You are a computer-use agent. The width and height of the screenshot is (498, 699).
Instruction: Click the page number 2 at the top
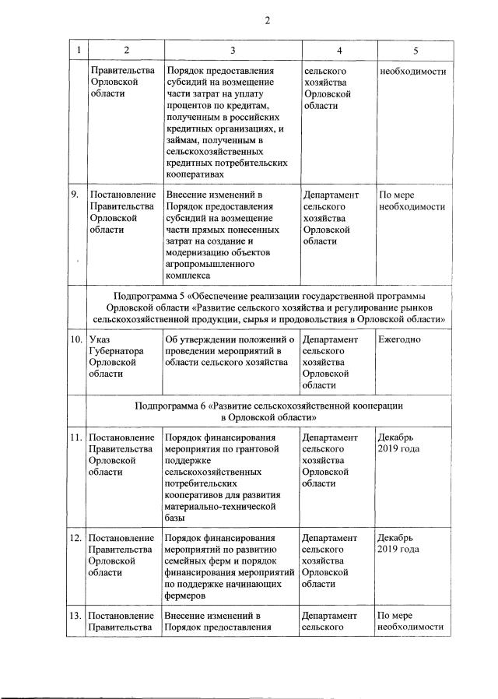click(x=267, y=20)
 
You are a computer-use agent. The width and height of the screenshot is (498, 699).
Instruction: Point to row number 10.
click(x=76, y=340)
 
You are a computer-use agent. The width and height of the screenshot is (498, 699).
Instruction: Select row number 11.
click(x=76, y=438)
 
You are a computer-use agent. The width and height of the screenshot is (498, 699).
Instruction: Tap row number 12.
click(x=76, y=538)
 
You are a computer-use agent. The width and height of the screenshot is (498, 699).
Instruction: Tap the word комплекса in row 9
click(x=188, y=275)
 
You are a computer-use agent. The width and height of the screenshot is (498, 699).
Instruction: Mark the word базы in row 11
click(x=176, y=518)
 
